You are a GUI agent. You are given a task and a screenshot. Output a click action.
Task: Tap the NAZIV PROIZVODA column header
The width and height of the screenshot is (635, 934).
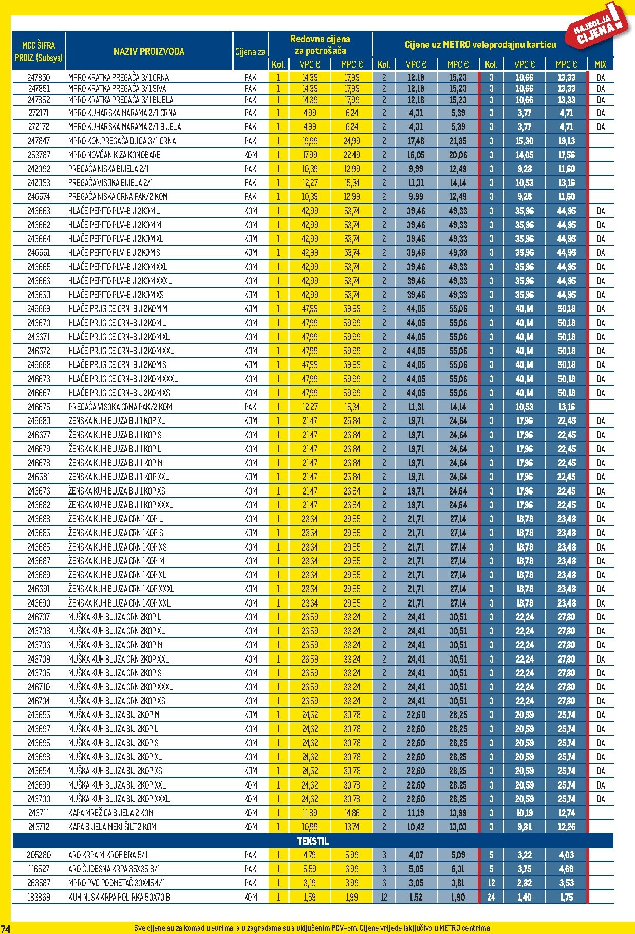(x=148, y=51)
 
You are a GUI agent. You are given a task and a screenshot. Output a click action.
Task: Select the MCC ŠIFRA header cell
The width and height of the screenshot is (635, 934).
(x=39, y=51)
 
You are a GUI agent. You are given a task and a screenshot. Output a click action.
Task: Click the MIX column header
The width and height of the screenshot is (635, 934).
(x=600, y=64)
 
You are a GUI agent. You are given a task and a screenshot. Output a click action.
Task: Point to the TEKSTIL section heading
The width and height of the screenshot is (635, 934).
(x=313, y=841)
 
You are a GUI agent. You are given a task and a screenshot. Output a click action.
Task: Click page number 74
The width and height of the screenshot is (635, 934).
(x=5, y=928)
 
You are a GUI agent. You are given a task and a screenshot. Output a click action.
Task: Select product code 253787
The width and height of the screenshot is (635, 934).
(x=39, y=155)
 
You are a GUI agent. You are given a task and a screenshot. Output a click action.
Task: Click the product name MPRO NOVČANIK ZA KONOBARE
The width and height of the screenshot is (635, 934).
(x=114, y=155)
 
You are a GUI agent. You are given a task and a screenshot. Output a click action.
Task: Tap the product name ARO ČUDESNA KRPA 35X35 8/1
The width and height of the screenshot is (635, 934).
(x=114, y=869)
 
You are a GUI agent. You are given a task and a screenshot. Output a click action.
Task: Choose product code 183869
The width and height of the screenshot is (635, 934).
(x=39, y=897)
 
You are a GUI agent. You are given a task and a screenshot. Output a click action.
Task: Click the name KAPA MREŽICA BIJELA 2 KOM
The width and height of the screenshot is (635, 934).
(x=110, y=813)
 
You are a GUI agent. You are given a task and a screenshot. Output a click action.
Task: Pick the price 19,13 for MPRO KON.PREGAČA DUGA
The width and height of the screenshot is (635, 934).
(x=566, y=141)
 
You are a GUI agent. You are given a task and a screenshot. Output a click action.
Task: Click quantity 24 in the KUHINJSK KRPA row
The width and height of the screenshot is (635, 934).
(x=491, y=897)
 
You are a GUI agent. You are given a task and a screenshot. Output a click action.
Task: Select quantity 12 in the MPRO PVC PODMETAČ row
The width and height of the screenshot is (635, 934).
(x=491, y=883)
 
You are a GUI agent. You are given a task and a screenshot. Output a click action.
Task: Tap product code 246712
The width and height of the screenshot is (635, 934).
(x=39, y=827)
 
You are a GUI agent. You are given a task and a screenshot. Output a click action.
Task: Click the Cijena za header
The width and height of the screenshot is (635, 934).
(x=250, y=51)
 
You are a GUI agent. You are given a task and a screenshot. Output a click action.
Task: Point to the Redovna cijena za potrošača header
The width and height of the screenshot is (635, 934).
(x=320, y=45)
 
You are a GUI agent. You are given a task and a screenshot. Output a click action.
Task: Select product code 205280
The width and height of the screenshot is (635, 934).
(x=39, y=855)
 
